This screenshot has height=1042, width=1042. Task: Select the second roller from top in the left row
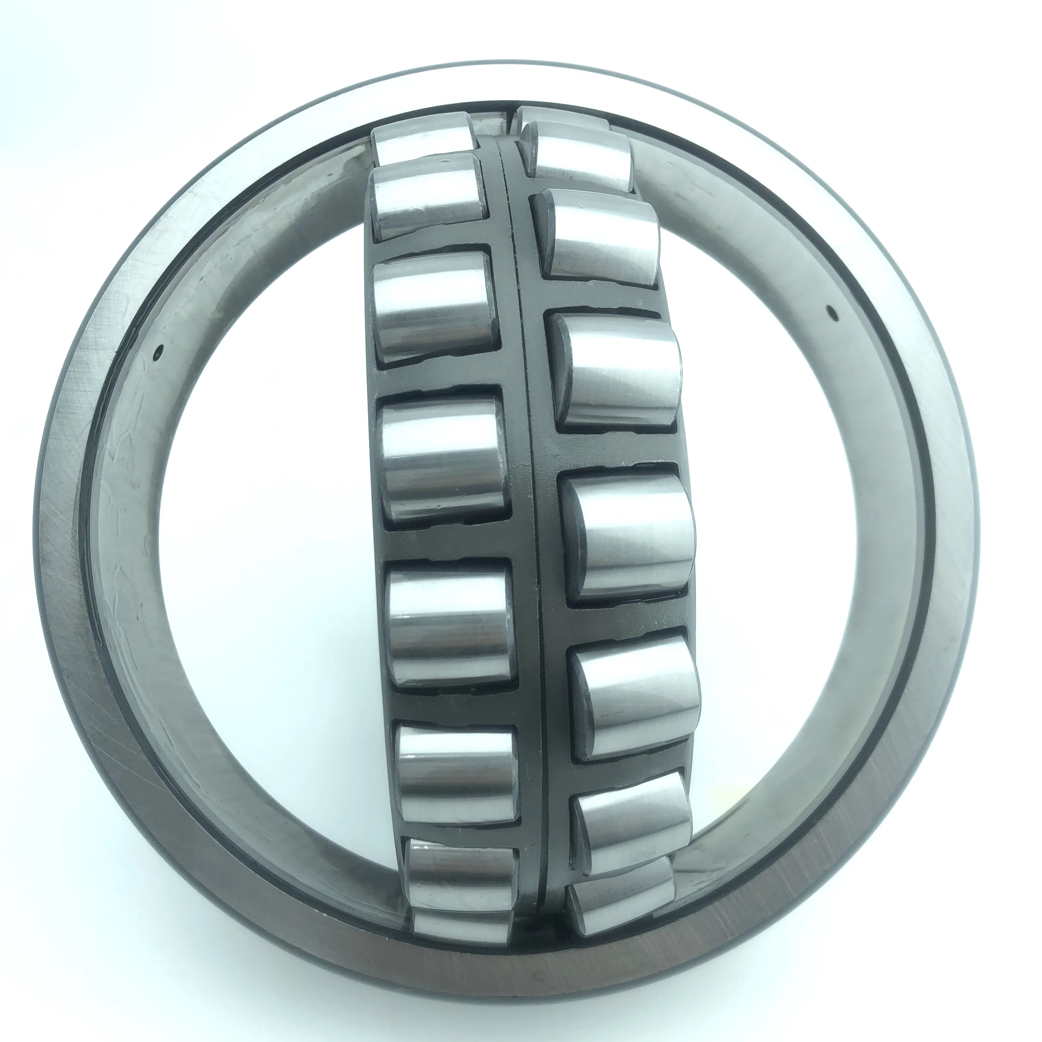coord(429,197)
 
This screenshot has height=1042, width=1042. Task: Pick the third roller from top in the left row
coord(434,307)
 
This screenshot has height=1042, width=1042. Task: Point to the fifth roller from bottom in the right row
coord(615,372)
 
